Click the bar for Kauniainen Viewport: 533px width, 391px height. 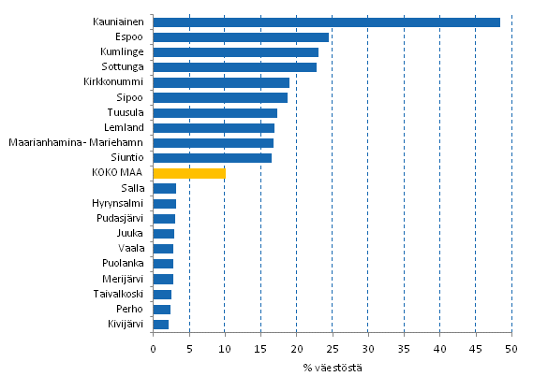(326, 22)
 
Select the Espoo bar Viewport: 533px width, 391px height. (241, 37)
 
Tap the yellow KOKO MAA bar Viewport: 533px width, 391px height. (189, 173)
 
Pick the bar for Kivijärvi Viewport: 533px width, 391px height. (160, 325)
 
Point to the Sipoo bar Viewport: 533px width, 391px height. (220, 97)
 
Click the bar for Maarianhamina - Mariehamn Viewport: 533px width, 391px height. (213, 143)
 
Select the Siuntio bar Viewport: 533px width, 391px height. (212, 158)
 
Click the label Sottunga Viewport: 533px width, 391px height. (123, 67)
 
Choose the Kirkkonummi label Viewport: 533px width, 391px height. (114, 82)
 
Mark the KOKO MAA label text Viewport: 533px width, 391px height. (119, 173)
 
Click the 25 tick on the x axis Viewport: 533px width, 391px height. (333, 348)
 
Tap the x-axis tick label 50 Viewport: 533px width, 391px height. (511, 348)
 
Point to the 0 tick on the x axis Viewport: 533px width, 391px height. (153, 348)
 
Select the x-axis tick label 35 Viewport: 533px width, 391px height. (404, 348)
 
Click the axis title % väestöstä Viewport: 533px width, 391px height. (332, 366)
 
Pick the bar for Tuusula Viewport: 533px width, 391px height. (215, 112)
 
